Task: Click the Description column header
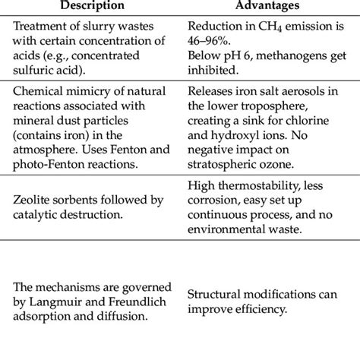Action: coord(87,7)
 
